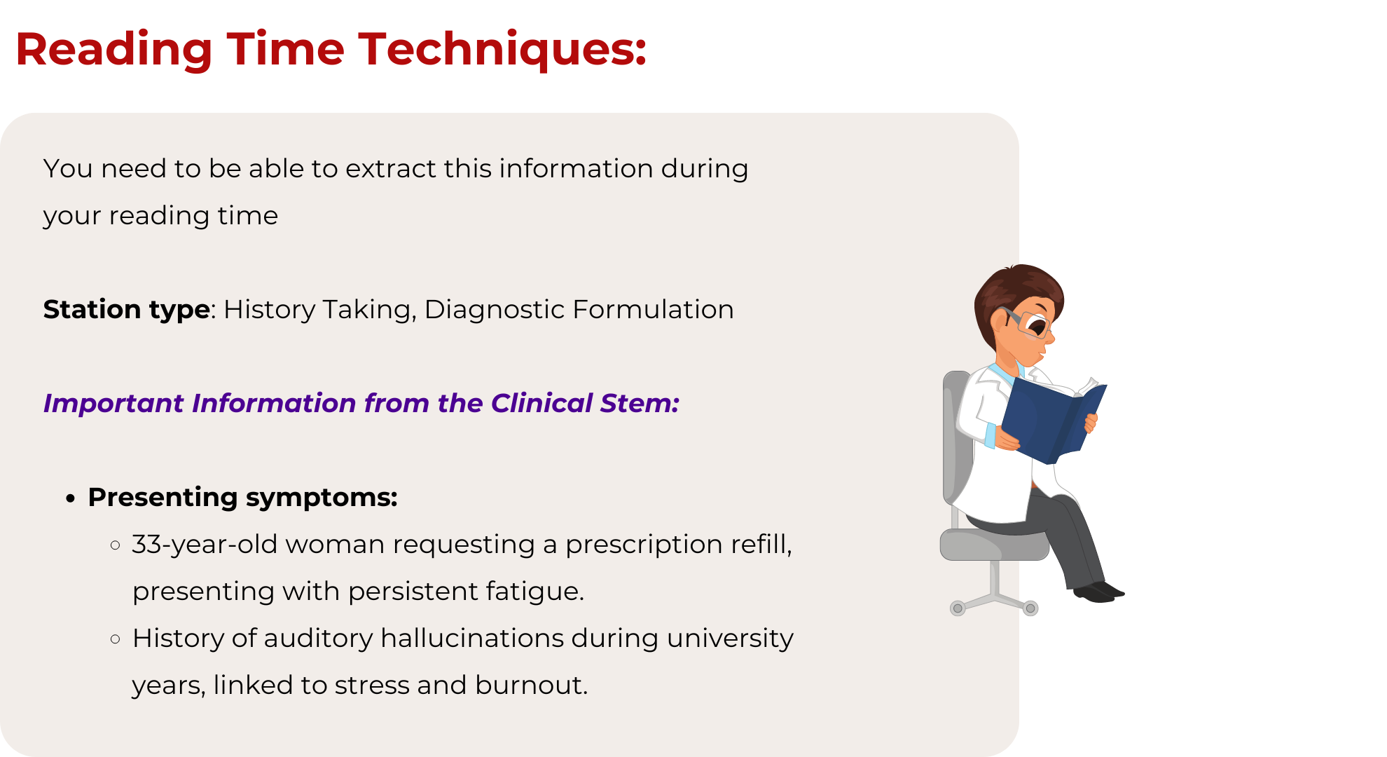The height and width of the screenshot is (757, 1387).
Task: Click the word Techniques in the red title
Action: coord(503,50)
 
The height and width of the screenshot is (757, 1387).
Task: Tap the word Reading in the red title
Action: coord(114,50)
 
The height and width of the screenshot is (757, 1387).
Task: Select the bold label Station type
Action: coord(127,310)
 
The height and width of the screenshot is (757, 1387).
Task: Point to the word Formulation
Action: coord(653,310)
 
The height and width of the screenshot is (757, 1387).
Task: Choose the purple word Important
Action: coord(113,404)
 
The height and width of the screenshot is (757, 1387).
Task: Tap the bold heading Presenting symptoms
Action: coord(243,498)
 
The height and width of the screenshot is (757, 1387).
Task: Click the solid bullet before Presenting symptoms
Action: coord(70,498)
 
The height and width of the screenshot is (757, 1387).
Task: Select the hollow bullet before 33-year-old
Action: coord(116,545)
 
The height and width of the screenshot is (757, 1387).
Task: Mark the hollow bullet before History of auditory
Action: coord(116,639)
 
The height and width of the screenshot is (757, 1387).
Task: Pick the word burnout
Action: coord(531,685)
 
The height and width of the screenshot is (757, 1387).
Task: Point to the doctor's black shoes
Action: coord(1098,592)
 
